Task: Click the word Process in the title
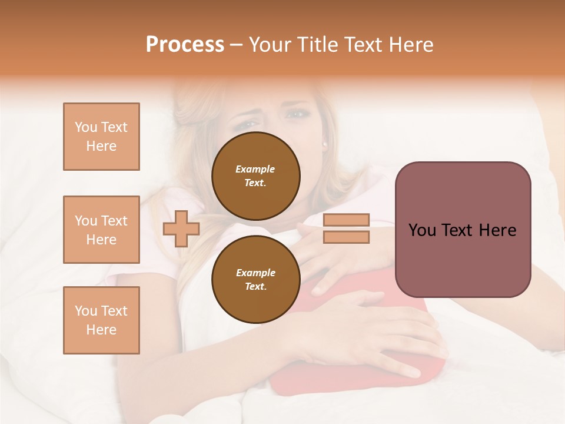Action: point(185,45)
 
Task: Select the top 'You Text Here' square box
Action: point(101,137)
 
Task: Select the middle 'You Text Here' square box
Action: point(101,230)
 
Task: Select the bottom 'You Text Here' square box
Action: point(101,320)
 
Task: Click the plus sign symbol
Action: point(181,228)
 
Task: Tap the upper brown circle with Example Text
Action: point(255,175)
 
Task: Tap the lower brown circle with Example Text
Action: point(255,279)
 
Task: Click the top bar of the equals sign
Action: point(347,220)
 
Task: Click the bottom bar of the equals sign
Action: point(347,237)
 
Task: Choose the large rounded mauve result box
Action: point(463,230)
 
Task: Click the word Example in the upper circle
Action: point(255,169)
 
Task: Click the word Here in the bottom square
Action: point(101,330)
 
